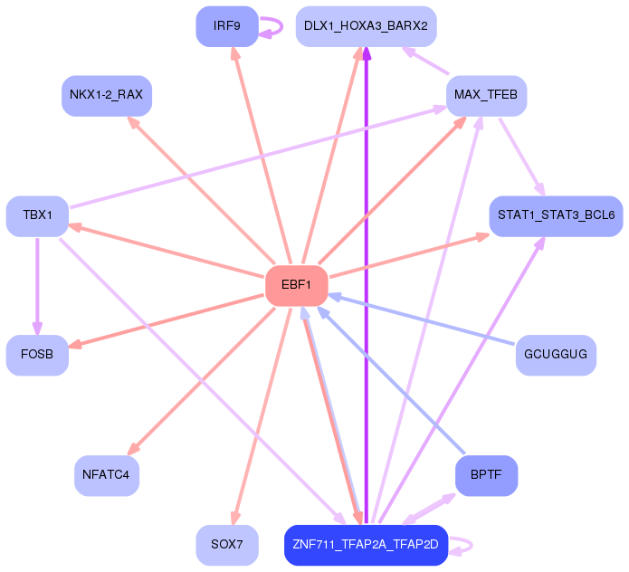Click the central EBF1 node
pos(296,286)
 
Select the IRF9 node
pos(226,26)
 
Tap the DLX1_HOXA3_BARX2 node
pos(366,26)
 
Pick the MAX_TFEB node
pos(486,95)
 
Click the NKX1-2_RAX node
pos(106,95)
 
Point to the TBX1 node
pos(37,215)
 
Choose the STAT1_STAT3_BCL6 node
pos(556,215)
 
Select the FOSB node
pos(37,355)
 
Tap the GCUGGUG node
pos(556,355)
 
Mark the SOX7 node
pos(226,545)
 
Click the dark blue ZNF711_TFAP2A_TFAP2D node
pos(366,545)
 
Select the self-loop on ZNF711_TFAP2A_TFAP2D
pos(463,545)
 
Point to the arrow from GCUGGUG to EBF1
pos(425,321)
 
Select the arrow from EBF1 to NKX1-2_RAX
pos(199,189)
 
